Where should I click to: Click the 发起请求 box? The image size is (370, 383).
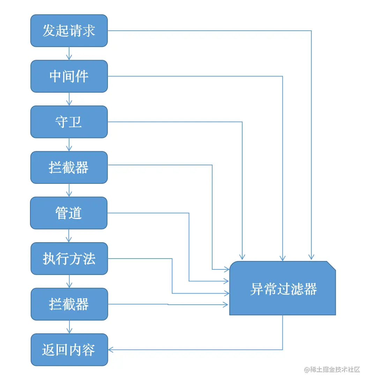click(x=69, y=31)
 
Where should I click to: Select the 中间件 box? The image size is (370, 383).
click(x=69, y=76)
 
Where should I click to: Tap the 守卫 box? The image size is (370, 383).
click(x=69, y=122)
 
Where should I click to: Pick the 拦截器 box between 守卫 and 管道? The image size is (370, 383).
click(x=69, y=167)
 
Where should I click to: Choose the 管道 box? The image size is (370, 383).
click(x=69, y=213)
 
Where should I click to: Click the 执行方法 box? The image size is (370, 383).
click(x=69, y=259)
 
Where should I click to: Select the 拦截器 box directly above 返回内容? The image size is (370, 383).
click(x=69, y=304)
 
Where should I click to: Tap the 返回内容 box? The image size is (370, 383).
click(x=69, y=350)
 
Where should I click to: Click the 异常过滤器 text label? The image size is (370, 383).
click(x=283, y=289)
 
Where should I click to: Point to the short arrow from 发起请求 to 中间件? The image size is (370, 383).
click(x=69, y=53)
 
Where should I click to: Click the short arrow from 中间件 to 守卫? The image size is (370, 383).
click(x=69, y=99)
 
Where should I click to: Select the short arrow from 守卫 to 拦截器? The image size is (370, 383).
click(x=69, y=145)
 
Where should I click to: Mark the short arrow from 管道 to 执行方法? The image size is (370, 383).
click(x=69, y=236)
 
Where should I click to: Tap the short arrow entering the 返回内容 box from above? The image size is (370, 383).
click(x=69, y=327)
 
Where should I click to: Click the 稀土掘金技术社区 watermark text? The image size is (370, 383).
click(x=332, y=370)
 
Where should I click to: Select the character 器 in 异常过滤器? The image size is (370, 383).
click(x=310, y=289)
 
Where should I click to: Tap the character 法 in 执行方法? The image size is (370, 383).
click(x=89, y=259)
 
